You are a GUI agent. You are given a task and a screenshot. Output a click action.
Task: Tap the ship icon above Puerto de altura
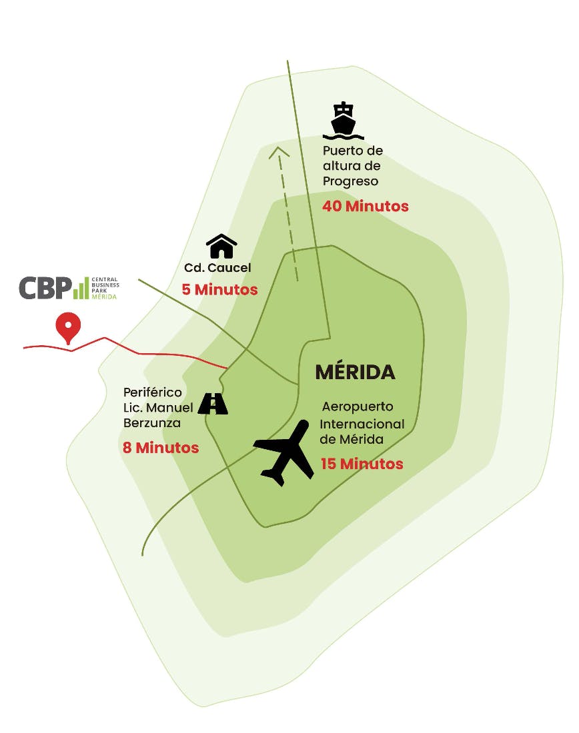point(344,121)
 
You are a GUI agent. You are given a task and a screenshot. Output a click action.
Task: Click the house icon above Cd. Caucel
point(221,246)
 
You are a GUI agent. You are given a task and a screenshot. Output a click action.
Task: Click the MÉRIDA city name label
point(355,372)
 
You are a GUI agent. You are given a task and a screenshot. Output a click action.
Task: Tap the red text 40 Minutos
point(365,206)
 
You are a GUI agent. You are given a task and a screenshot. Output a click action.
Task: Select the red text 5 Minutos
point(219,290)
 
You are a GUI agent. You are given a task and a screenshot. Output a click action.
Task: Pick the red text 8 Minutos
point(160,448)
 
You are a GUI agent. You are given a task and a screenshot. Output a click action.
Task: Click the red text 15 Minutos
point(362,463)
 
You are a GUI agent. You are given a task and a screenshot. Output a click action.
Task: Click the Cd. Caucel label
point(217,269)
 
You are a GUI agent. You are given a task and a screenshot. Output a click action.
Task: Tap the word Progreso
point(350,181)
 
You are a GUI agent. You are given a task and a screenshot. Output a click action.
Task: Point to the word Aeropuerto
point(357,406)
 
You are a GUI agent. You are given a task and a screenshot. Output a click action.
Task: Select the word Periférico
point(152,392)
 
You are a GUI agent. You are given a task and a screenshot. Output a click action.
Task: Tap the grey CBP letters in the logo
point(44,288)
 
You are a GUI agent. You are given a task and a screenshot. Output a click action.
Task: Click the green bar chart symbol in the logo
point(80,288)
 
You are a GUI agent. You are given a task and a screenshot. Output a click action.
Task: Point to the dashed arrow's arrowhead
point(279,151)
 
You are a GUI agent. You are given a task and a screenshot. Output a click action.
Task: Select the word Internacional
point(362,424)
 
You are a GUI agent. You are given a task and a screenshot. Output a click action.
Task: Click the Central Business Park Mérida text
point(104,288)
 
